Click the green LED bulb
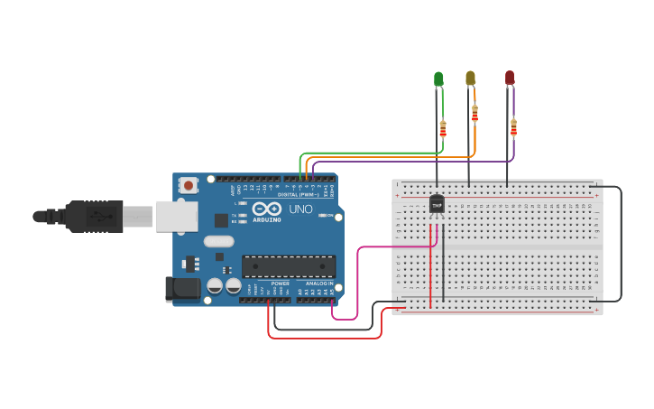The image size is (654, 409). (x=438, y=79)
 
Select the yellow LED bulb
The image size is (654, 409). (x=470, y=79)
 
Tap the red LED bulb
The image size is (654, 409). (x=510, y=79)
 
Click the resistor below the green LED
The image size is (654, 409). (x=442, y=128)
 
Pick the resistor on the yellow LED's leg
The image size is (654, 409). (x=474, y=113)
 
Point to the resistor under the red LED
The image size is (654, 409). (x=513, y=126)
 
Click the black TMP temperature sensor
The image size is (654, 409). (x=437, y=206)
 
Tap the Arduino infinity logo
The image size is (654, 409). (x=267, y=208)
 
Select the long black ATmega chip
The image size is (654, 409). (x=288, y=266)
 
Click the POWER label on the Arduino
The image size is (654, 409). (x=281, y=284)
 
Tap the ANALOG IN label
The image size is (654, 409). (x=318, y=284)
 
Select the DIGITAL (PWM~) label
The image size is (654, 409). (x=301, y=194)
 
